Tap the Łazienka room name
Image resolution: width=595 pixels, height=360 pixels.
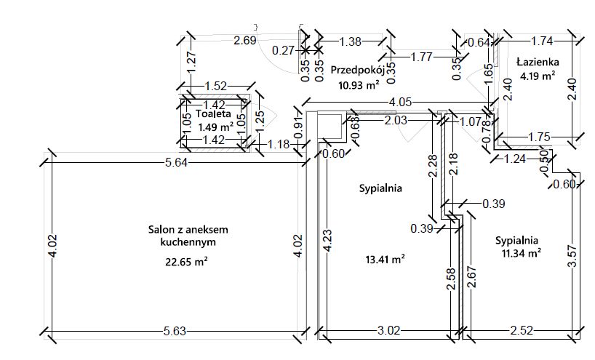point(536,61)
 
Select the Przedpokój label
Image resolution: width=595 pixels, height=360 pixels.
point(356,71)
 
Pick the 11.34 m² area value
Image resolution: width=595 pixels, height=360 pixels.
point(521,253)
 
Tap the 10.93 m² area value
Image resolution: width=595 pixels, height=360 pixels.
point(359,85)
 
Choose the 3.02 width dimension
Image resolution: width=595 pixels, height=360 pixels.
point(388,332)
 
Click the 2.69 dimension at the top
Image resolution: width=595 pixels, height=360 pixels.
point(244,40)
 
